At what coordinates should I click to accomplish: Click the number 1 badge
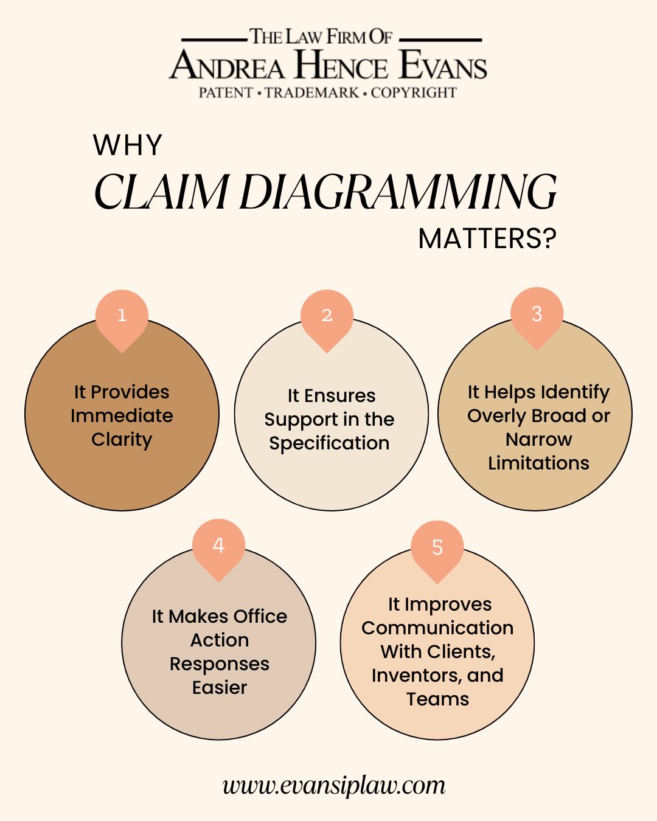(x=122, y=316)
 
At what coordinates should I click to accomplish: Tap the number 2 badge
(x=327, y=316)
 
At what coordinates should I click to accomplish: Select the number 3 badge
(x=537, y=314)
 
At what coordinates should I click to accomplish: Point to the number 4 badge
(x=218, y=546)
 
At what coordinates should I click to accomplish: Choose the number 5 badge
(x=437, y=548)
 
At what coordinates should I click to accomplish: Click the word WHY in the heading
(x=128, y=146)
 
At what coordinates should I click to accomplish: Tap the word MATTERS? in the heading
(x=487, y=239)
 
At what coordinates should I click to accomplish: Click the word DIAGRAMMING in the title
(x=398, y=193)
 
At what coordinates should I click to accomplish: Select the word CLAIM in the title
(x=162, y=193)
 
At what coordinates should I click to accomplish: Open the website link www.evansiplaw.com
(x=334, y=785)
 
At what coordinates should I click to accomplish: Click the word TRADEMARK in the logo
(x=312, y=93)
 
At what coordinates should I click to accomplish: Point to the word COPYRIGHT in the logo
(x=414, y=93)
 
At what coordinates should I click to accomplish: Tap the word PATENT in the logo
(x=226, y=93)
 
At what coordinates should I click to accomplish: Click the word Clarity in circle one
(x=122, y=440)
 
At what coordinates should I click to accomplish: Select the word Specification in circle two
(x=329, y=443)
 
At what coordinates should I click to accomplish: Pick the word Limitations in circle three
(x=538, y=463)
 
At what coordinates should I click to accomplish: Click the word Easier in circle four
(x=220, y=688)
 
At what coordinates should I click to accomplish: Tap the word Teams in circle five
(x=437, y=699)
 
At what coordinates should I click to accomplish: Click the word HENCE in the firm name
(x=341, y=66)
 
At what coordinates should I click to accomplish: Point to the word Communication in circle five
(x=437, y=628)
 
